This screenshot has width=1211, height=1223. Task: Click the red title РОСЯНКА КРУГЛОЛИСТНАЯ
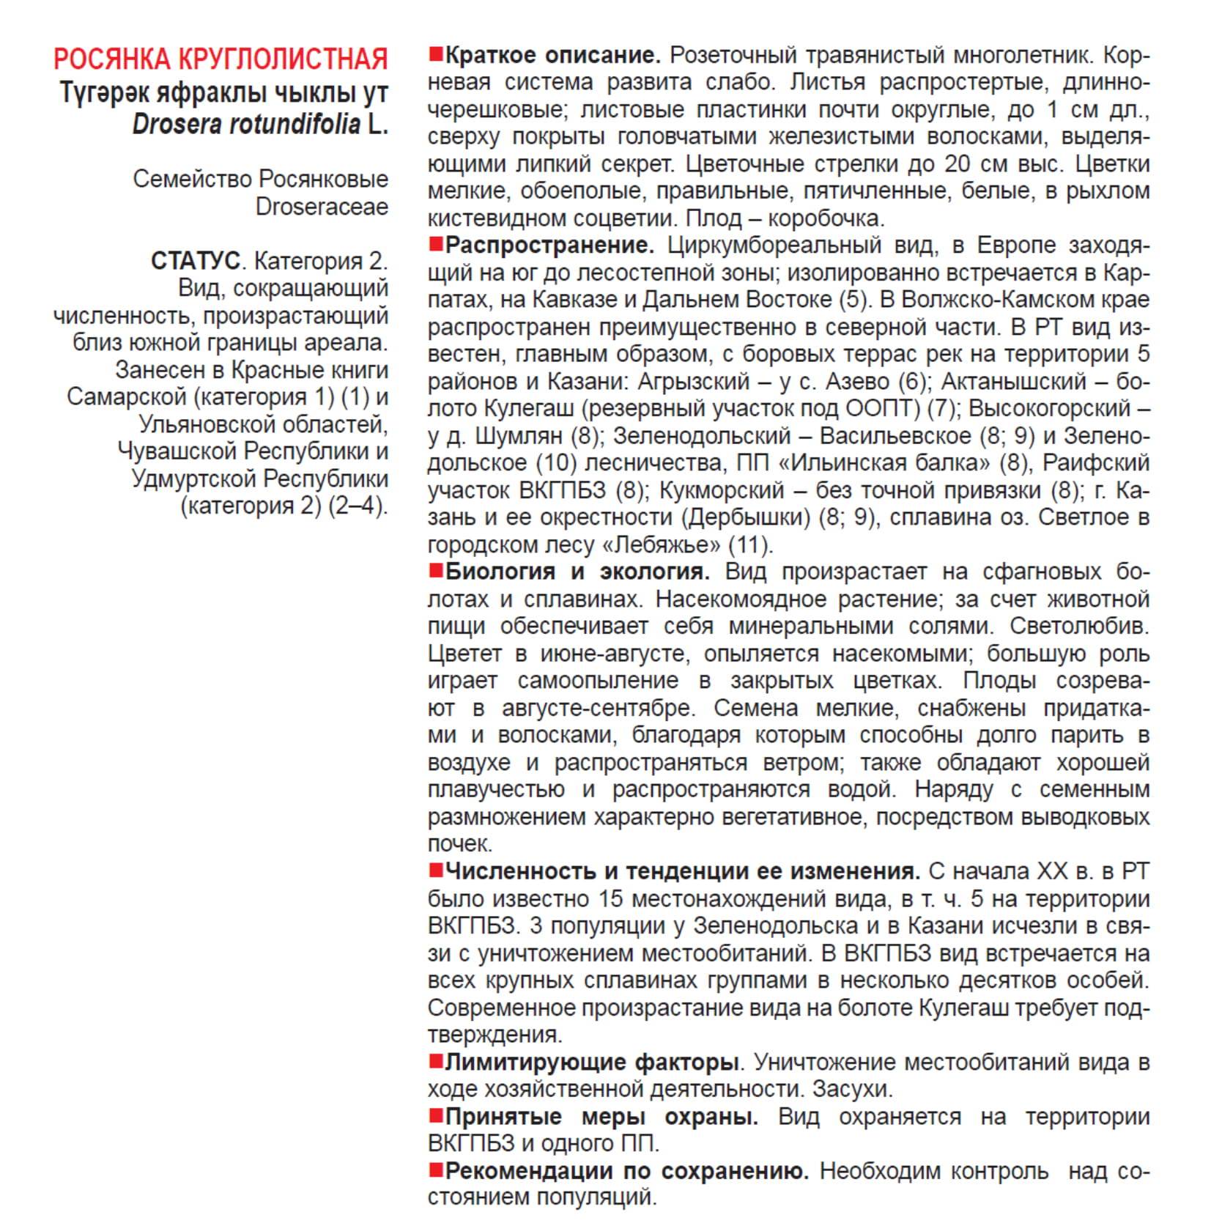coord(221,59)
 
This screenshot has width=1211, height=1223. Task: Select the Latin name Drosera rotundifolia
coord(246,125)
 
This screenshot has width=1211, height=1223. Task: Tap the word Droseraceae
coord(322,207)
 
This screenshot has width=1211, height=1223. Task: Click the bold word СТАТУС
coord(196,261)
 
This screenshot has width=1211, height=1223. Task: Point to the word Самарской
coord(127,397)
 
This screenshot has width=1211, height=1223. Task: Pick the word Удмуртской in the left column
coord(193,479)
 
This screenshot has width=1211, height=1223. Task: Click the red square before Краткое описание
coord(436,54)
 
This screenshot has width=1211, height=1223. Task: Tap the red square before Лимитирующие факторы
coord(436,1061)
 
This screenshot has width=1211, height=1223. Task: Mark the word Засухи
coord(852,1090)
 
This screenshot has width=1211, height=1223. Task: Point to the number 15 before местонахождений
coord(611,899)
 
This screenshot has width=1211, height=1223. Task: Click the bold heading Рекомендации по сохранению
coord(626,1171)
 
